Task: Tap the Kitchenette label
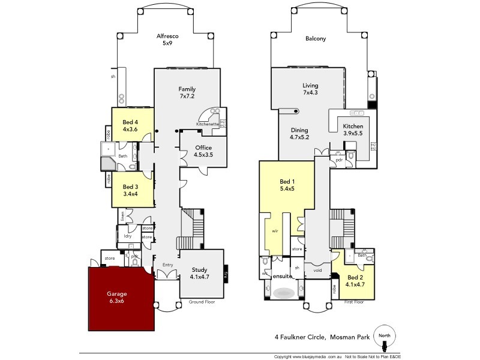(207, 124)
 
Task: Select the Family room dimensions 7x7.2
(187, 96)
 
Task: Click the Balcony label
(316, 39)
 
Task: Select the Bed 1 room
(287, 184)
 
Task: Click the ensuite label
(281, 277)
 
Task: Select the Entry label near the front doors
(167, 264)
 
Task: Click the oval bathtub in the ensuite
(283, 293)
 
